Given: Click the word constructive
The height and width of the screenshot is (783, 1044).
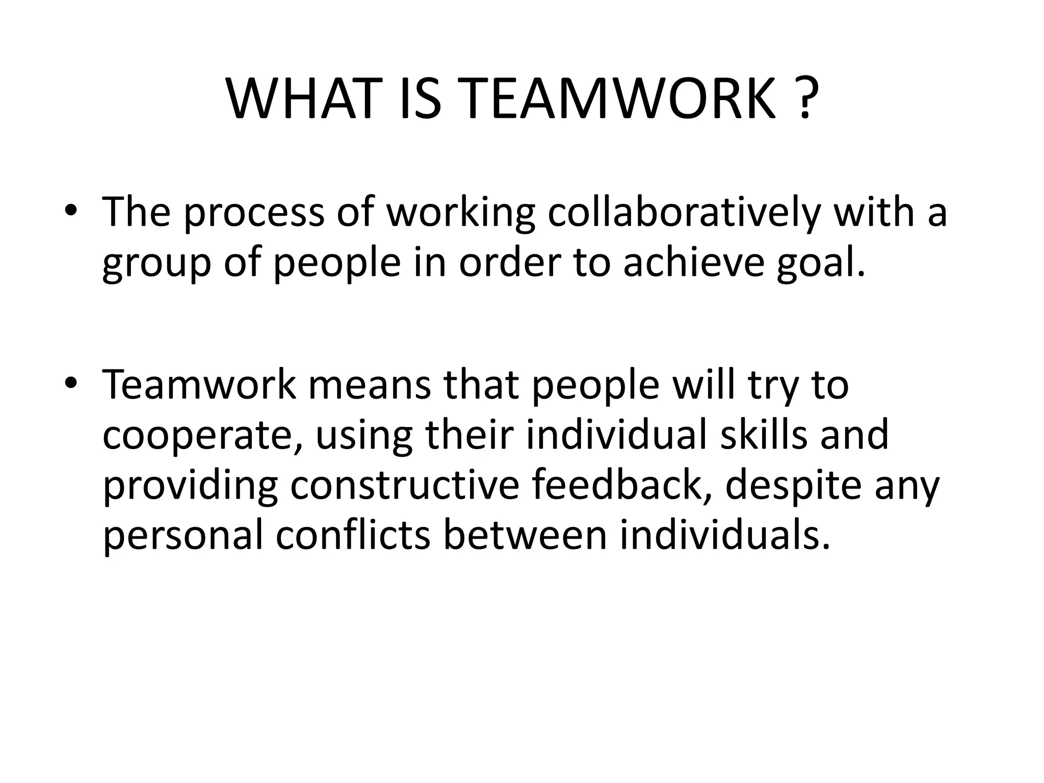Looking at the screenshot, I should [x=405, y=486].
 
